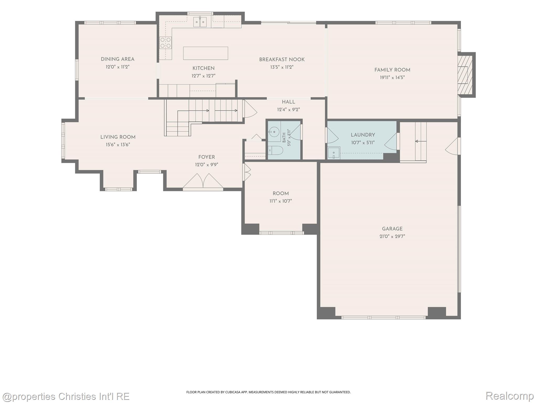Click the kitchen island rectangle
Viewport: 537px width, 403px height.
206,53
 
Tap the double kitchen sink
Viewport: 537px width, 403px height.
200,22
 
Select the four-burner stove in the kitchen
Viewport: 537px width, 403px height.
165,43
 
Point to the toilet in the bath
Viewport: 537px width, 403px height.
275,150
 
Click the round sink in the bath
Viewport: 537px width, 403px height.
274,132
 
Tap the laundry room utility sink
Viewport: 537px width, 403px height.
334,153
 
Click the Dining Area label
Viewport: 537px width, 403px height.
118,59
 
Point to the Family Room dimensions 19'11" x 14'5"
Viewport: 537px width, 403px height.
392,77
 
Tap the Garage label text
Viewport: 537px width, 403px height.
392,229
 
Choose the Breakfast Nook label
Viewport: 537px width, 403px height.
282,60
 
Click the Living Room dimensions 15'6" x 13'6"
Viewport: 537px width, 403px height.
118,145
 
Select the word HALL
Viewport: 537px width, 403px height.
288,102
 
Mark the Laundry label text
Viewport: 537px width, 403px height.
363,135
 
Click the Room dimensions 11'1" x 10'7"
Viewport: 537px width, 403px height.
281,201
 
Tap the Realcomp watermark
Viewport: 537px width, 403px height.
509,396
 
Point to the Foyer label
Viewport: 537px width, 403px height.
207,157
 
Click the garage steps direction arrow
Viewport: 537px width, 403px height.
421,141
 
